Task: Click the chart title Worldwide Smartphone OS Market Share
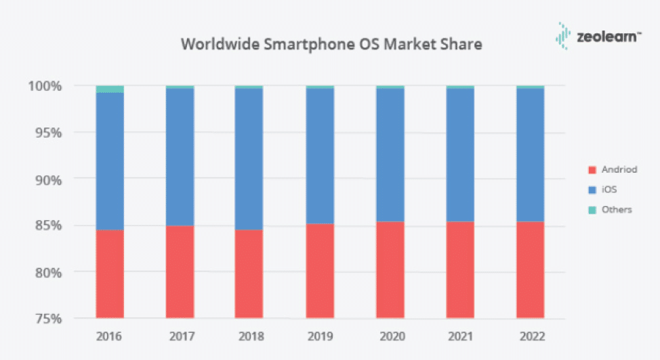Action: click(x=331, y=45)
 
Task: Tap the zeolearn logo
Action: click(x=597, y=37)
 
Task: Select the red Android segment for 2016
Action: click(x=110, y=274)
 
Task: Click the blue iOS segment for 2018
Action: click(x=249, y=159)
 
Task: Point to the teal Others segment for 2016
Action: click(x=110, y=89)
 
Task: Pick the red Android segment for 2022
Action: click(x=530, y=270)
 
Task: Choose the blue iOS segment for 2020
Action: click(x=390, y=155)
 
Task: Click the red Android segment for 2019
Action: click(x=319, y=271)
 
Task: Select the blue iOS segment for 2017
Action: click(x=180, y=157)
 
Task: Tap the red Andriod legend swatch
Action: click(x=591, y=170)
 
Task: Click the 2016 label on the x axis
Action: click(x=110, y=335)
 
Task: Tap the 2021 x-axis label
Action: click(x=460, y=335)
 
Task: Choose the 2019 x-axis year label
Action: click(x=319, y=335)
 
